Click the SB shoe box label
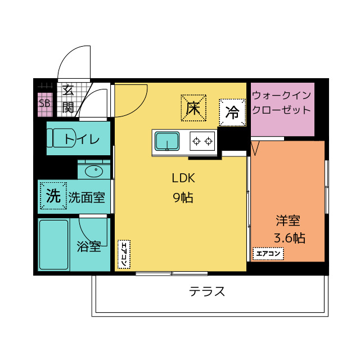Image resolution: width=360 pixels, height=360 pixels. [x=44, y=103]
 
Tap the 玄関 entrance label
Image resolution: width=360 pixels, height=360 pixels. [x=68, y=99]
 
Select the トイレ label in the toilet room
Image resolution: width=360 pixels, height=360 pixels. [x=82, y=139]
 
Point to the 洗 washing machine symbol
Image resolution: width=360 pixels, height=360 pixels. [x=53, y=196]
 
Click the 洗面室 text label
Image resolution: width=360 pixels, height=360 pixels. [x=87, y=197]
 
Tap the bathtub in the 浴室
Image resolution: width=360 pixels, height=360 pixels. [x=54, y=245]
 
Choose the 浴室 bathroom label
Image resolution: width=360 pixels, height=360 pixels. [x=89, y=246]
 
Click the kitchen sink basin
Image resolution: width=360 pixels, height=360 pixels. [x=167, y=141]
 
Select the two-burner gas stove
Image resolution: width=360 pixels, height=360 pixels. [x=202, y=141]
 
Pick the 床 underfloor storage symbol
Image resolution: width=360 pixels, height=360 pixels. [x=193, y=108]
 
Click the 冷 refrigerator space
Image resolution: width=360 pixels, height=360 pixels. [x=232, y=112]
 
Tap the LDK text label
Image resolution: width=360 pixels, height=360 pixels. [x=183, y=178]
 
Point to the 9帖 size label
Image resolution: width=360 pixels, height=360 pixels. [x=183, y=197]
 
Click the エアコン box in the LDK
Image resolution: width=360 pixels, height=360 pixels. [x=124, y=254]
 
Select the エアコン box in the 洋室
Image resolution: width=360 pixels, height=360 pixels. [x=268, y=254]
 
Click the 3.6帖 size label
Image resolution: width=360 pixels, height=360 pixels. [x=290, y=238]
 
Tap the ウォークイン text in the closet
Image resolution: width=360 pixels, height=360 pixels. [x=281, y=95]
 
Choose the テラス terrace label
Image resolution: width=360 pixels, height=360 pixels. [x=207, y=291]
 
